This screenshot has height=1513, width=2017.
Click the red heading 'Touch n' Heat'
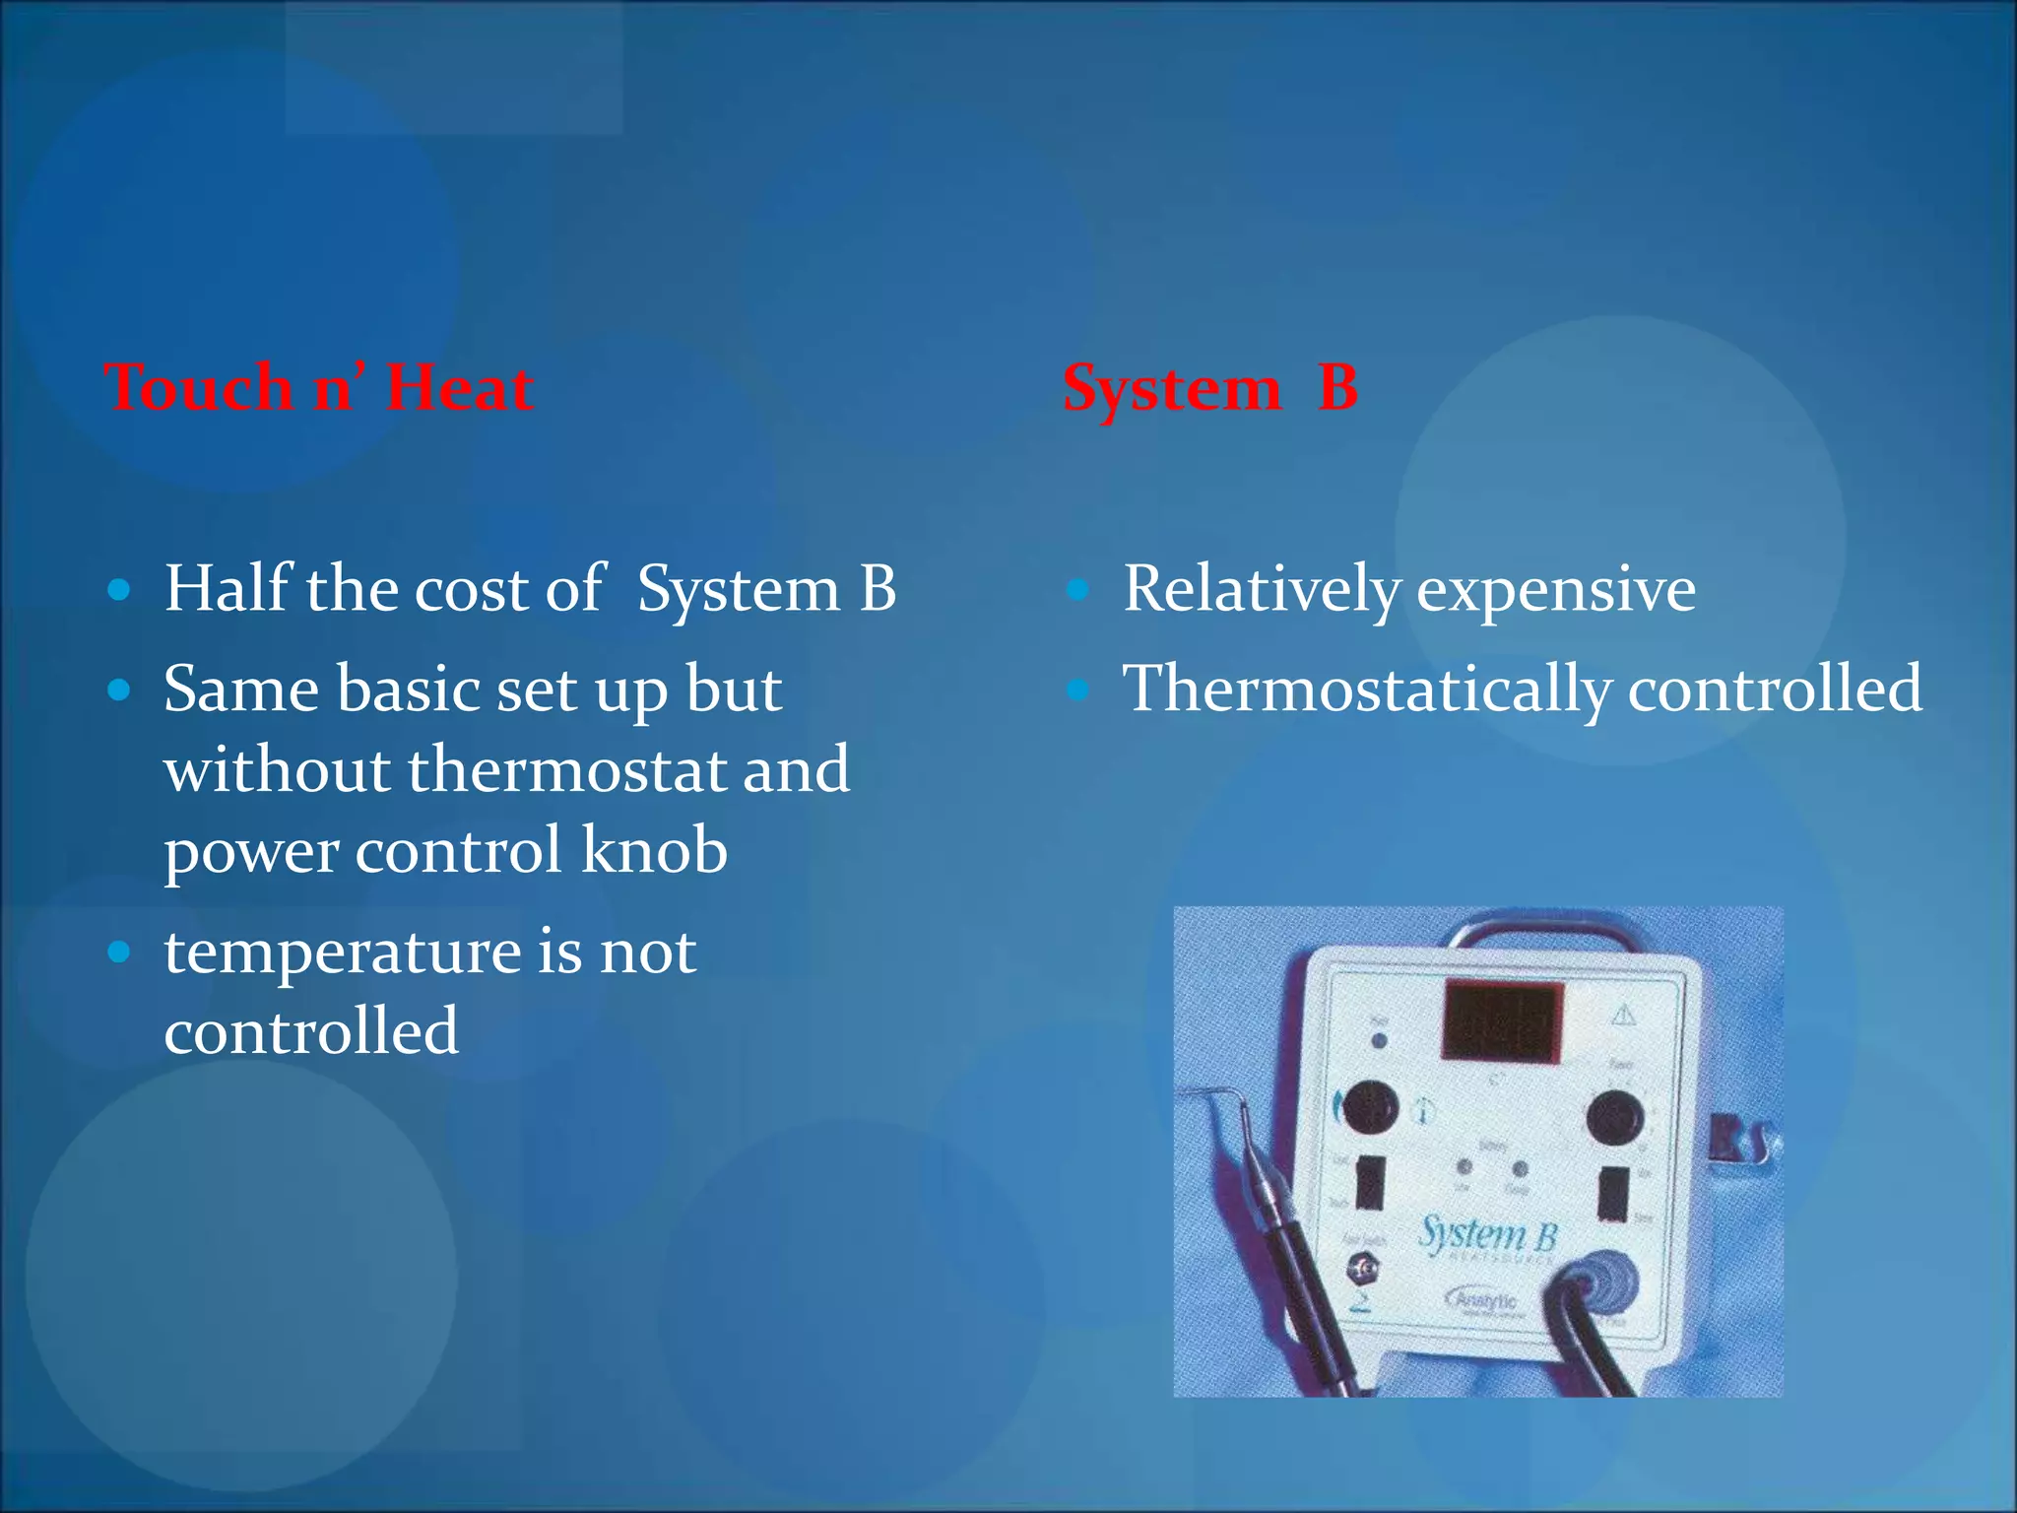point(319,387)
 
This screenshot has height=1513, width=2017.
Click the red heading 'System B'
point(1210,387)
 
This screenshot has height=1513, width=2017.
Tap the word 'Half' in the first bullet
point(228,588)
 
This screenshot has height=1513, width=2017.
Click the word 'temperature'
point(343,953)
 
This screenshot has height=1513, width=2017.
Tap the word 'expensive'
point(1556,590)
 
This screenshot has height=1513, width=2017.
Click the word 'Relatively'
point(1262,588)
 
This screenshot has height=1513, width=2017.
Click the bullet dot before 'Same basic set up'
point(119,690)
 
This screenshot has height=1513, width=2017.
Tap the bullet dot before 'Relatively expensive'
point(1078,590)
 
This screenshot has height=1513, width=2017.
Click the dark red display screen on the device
point(1502,1020)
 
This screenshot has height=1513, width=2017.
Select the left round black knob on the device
point(1370,1107)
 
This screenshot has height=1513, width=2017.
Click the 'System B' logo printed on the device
point(1487,1235)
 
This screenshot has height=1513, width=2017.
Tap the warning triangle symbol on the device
point(1622,1014)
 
